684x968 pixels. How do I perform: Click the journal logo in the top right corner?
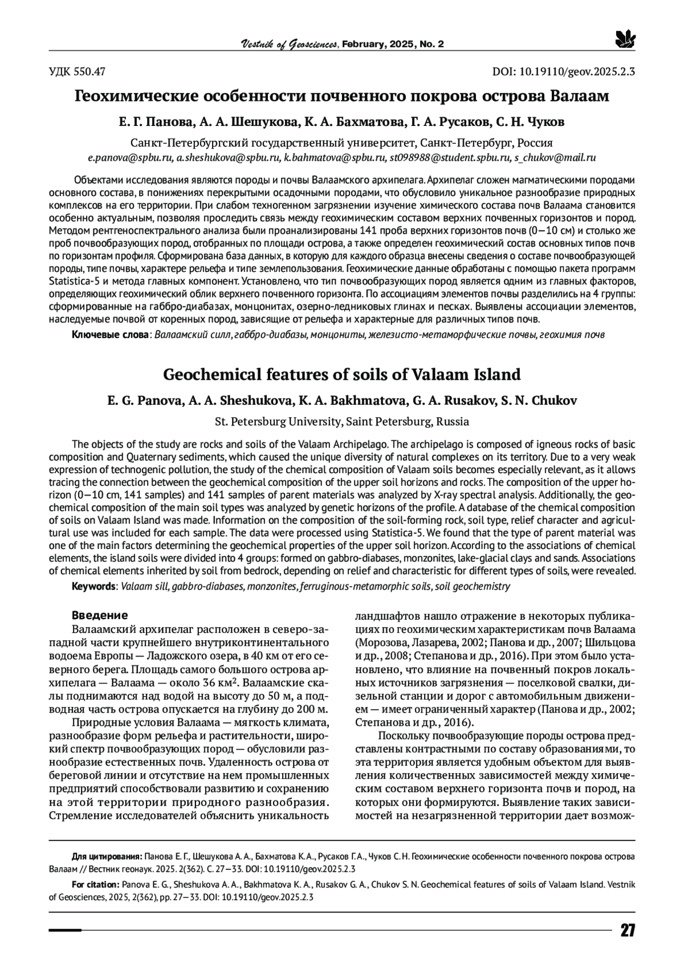pos(625,39)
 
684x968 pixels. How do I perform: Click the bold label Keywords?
pos(93,586)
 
